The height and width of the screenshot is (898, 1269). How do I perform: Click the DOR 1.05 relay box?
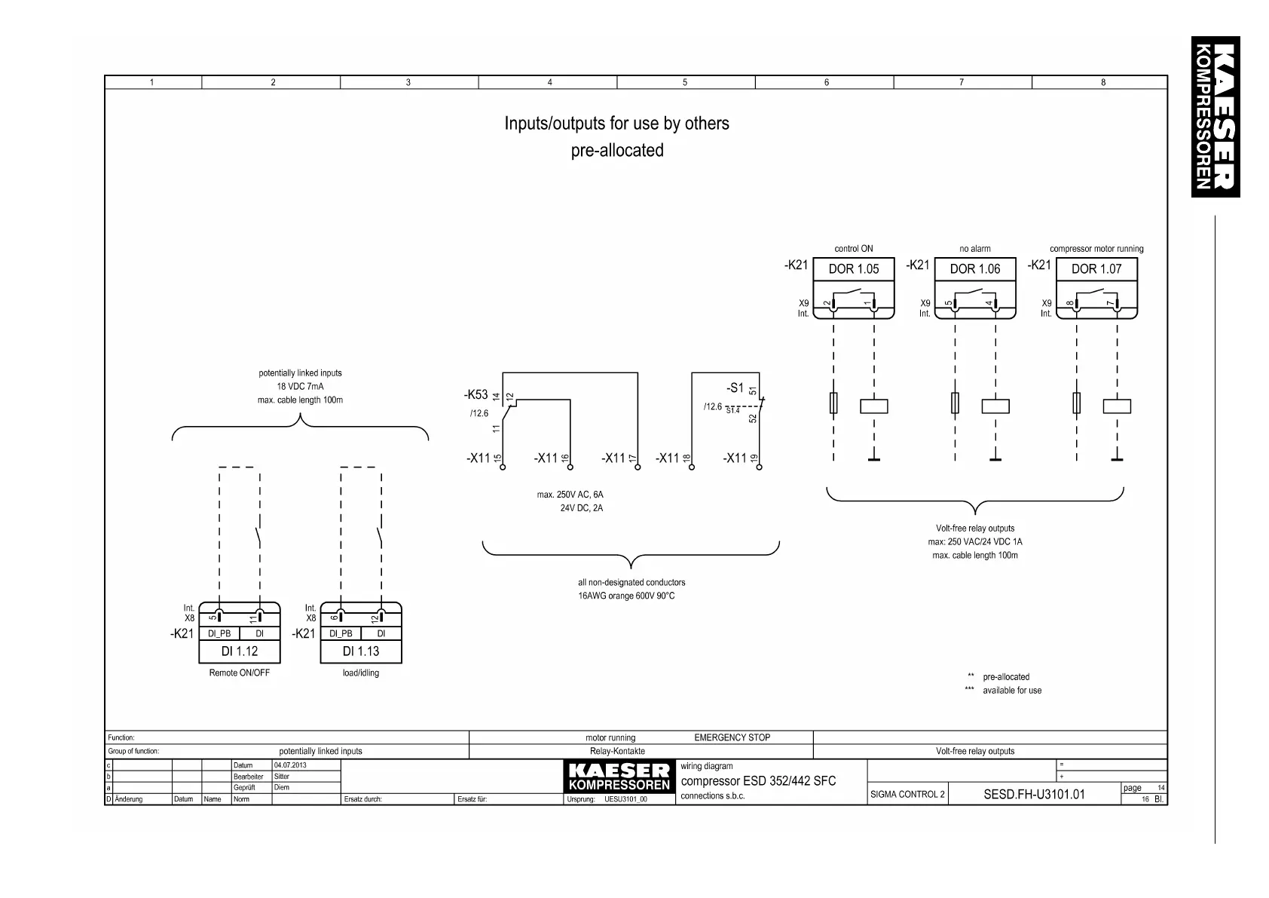tap(853, 269)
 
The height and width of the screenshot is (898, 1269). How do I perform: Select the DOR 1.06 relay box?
tap(974, 269)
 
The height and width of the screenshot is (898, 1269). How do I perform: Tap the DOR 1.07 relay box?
tap(1096, 269)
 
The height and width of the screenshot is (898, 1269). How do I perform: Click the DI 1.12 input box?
tap(239, 651)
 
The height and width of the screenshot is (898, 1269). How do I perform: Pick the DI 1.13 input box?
tap(360, 651)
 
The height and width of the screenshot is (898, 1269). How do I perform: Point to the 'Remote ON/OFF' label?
tap(239, 673)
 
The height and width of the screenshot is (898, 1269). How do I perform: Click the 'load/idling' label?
tap(360, 673)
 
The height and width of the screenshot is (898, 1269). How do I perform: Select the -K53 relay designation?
tap(475, 394)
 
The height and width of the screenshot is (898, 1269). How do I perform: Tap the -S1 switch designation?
tap(735, 388)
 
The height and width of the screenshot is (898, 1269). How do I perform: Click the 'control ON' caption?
tap(853, 249)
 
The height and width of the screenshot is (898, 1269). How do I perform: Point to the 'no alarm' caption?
tap(974, 249)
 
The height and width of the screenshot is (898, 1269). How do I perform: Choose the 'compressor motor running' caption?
tap(1096, 249)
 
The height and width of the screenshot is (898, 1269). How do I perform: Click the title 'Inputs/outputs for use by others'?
tap(616, 124)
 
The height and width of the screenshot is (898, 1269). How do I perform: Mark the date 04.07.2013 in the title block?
tap(290, 765)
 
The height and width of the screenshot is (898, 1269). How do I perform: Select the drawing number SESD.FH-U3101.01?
tap(1034, 794)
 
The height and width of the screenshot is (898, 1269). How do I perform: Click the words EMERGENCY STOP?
tap(732, 737)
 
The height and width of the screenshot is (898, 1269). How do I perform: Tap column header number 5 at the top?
tap(684, 82)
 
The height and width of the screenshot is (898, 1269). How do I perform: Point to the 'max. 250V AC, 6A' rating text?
tap(570, 495)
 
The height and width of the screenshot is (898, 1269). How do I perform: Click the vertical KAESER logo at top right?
tap(1215, 117)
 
